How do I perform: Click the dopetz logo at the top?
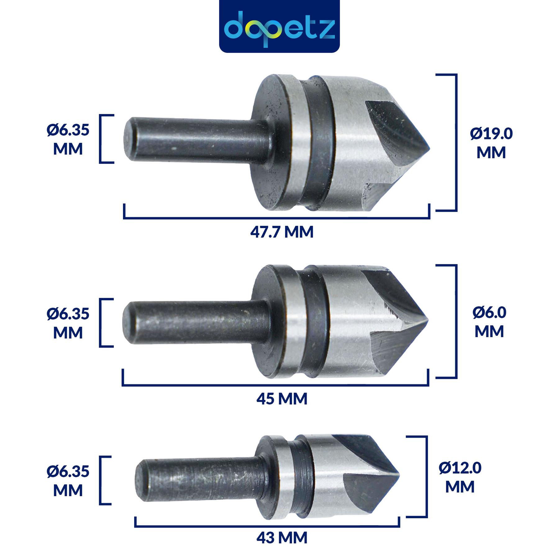point(279,26)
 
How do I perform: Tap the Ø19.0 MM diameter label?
point(491,143)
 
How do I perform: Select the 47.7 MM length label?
point(282,232)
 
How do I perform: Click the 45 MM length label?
point(282,398)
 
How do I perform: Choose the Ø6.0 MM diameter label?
point(489,322)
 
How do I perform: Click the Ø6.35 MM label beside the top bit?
point(68,139)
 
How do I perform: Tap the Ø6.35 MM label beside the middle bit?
point(68,323)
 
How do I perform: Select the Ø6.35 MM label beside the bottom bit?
point(68,481)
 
